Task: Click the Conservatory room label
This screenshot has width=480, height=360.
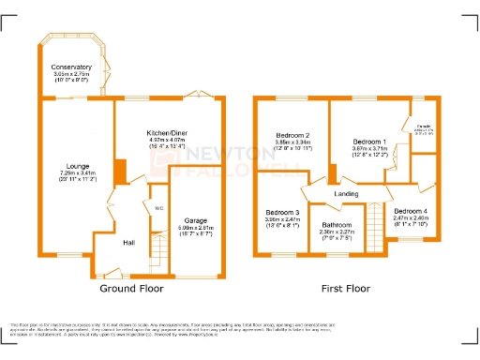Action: tap(72, 67)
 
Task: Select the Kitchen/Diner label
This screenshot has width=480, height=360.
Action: tap(169, 133)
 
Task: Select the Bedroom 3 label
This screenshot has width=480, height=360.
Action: tap(282, 212)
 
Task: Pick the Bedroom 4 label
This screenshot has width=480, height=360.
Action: tap(410, 211)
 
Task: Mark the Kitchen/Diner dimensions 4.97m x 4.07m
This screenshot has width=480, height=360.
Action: tap(169, 141)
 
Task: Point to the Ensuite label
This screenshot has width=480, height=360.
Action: tap(424, 127)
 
